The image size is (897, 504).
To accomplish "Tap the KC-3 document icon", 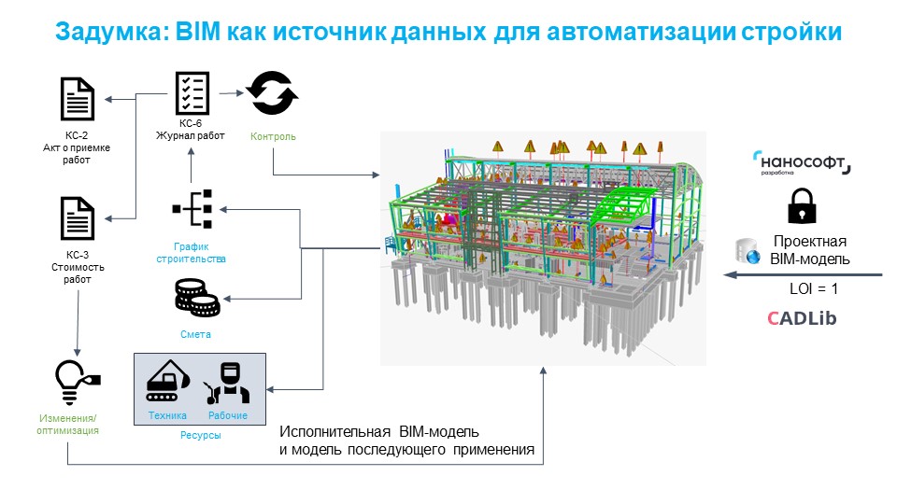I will click(x=78, y=217).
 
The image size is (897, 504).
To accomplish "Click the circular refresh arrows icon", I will click(x=272, y=93).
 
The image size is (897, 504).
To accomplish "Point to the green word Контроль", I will click(x=273, y=137).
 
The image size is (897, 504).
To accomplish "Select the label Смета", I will click(x=196, y=334).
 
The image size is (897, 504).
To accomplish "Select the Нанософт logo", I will click(x=802, y=164).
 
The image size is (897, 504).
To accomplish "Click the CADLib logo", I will click(x=802, y=318).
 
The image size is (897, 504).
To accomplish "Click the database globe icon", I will click(x=747, y=250).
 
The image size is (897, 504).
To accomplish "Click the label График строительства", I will click(x=191, y=252).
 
